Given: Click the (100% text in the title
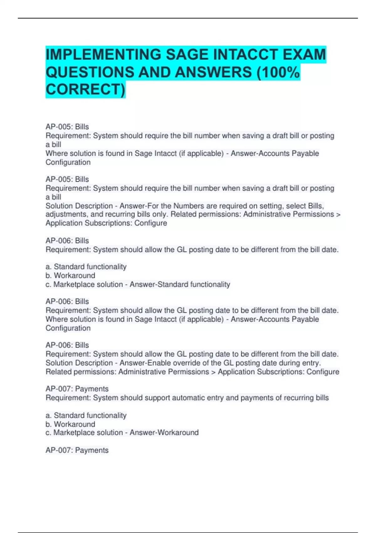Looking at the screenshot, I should point(278,72).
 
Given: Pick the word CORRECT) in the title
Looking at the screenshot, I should point(85,89).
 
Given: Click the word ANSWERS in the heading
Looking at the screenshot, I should point(213,72).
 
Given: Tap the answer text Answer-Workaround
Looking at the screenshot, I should point(164,433).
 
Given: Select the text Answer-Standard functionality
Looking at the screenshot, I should point(180,284).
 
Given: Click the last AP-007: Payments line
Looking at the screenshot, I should point(77,450).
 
